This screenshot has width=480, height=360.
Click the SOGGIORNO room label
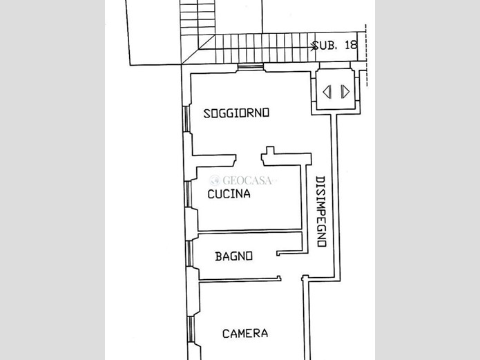coord(236,113)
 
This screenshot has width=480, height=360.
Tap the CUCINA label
coord(229,194)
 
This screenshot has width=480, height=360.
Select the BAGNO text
coord(234,256)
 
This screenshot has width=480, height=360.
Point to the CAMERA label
coord(245,333)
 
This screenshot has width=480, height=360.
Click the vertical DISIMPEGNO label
coord(320,211)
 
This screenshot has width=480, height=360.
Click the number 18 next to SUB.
coord(351,45)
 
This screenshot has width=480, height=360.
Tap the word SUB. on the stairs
coord(325,46)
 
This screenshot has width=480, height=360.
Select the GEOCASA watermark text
coord(247,180)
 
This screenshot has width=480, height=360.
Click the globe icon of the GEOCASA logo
coord(215,180)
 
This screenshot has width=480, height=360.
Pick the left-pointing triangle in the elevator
coord(327,92)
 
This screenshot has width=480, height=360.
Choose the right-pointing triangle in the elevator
coord(345,92)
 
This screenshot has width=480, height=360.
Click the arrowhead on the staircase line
coord(314,47)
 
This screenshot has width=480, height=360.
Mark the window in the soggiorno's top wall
coord(251,66)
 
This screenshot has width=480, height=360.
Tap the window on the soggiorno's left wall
coord(186,119)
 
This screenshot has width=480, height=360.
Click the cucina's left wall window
coord(188,194)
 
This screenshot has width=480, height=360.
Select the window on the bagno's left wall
coord(190,254)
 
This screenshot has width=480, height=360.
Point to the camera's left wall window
coord(191,329)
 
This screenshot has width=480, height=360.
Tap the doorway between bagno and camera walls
coord(291,278)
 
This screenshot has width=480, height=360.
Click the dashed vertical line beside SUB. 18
coord(367,55)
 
